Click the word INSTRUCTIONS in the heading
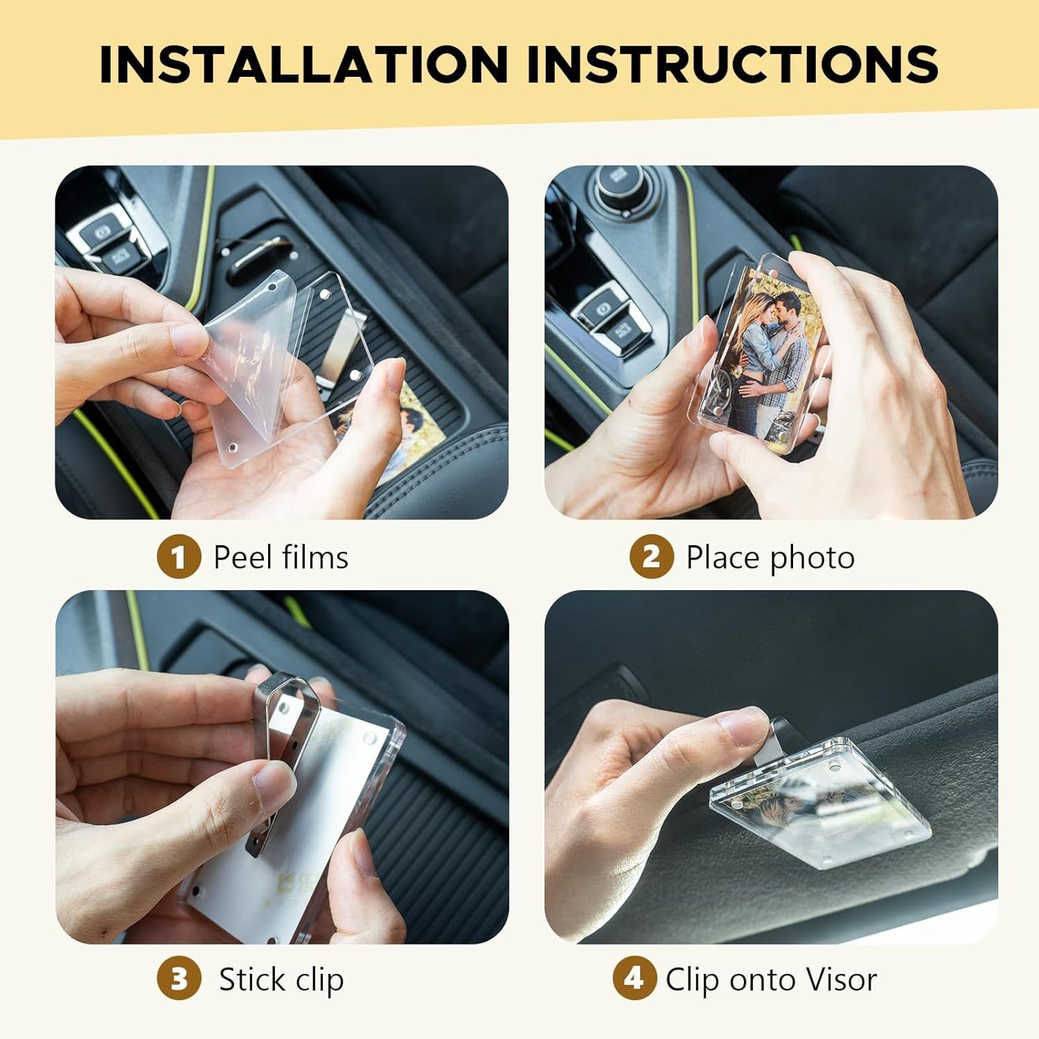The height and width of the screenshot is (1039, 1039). tap(732, 64)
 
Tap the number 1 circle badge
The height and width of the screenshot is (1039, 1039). tap(179, 557)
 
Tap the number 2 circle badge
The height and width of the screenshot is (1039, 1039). tap(651, 557)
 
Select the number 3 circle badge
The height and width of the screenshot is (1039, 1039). tap(179, 979)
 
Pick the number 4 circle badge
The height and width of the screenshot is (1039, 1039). tap(634, 979)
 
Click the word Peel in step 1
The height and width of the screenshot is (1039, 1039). tap(240, 557)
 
